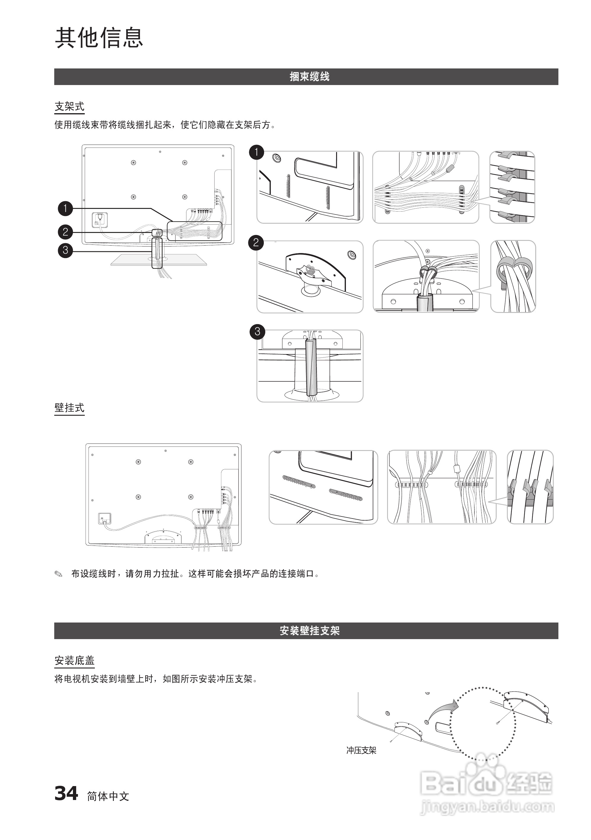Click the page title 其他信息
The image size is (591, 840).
click(99, 37)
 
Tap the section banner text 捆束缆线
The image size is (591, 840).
click(309, 76)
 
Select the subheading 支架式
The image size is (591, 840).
click(69, 106)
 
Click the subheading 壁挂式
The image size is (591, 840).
click(69, 408)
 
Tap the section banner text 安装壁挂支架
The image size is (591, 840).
click(309, 630)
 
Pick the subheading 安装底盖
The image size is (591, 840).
click(74, 660)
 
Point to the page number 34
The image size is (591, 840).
click(66, 793)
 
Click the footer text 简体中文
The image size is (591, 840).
click(108, 796)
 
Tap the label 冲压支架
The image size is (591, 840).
click(361, 750)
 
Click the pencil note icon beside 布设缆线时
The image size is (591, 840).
click(58, 574)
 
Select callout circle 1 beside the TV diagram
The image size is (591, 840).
click(66, 209)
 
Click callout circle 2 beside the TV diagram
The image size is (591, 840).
click(66, 232)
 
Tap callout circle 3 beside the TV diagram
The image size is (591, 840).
click(66, 250)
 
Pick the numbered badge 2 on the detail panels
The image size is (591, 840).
click(256, 242)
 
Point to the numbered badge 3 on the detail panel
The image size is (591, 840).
click(257, 332)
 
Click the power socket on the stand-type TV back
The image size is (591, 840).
click(99, 220)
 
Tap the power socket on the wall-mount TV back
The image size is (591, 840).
click(105, 519)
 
